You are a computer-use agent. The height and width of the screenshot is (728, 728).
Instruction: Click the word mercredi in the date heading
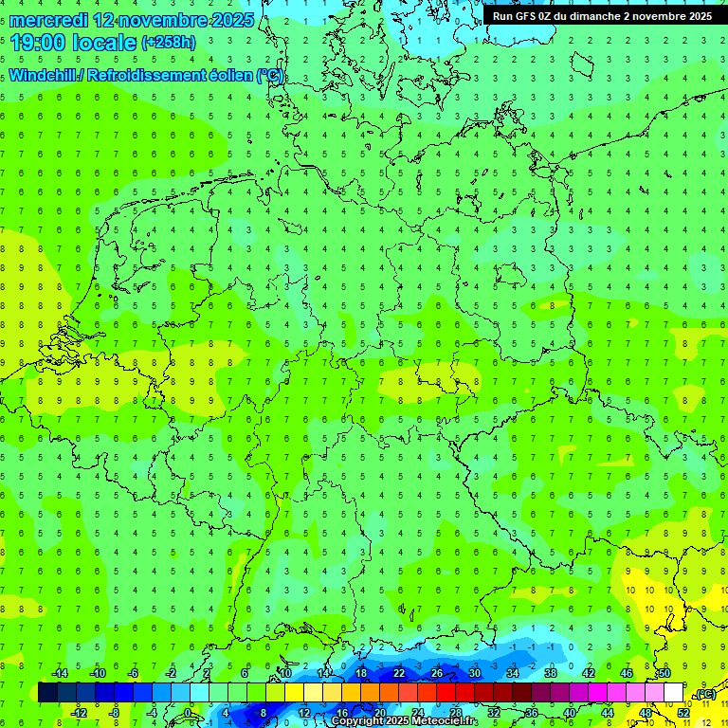47,19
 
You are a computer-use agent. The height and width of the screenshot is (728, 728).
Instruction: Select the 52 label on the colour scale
683,713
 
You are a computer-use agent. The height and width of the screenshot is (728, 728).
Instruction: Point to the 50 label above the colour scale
664,673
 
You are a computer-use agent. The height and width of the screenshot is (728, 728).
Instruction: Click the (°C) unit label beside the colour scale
705,694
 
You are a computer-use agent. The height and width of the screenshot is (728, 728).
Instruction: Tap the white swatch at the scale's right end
673,693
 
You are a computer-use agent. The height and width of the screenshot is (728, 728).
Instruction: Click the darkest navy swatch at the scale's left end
47,693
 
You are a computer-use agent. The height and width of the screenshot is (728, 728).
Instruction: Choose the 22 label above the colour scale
399,673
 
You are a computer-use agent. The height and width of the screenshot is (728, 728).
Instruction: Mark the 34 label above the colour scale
513,673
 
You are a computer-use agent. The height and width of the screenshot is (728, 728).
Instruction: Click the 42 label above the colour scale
589,673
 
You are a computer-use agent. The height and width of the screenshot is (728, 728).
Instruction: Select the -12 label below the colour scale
80,713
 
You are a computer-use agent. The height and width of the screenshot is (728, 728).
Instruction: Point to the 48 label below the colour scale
646,713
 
